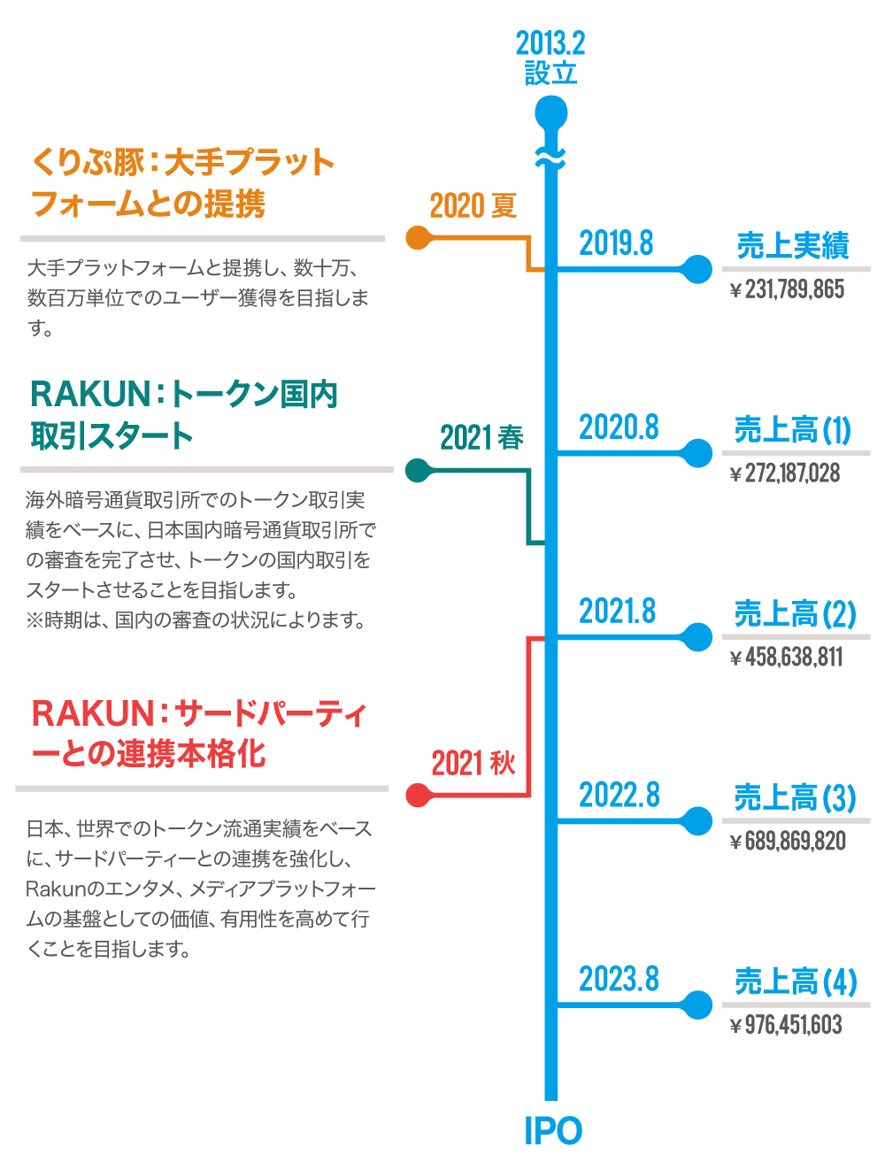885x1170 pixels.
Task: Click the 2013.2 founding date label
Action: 550,43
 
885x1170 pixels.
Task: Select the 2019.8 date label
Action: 616,242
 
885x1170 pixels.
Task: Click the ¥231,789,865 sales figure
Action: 787,289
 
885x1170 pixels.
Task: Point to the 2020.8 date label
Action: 619,427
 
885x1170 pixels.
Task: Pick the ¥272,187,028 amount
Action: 784,473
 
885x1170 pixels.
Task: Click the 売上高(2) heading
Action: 795,613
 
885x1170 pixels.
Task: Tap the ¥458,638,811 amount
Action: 786,658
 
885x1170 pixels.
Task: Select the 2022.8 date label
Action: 619,795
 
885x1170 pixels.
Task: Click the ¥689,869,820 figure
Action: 788,841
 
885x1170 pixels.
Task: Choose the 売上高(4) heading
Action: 795,981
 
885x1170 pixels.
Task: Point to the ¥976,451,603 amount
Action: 786,1025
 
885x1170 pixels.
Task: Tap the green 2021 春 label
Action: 482,437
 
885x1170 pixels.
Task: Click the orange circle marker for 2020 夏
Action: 417,238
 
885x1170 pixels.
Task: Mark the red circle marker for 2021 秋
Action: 417,796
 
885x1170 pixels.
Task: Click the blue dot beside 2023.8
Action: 697,1005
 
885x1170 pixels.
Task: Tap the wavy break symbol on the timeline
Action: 550,158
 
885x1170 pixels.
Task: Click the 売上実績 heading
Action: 793,246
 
